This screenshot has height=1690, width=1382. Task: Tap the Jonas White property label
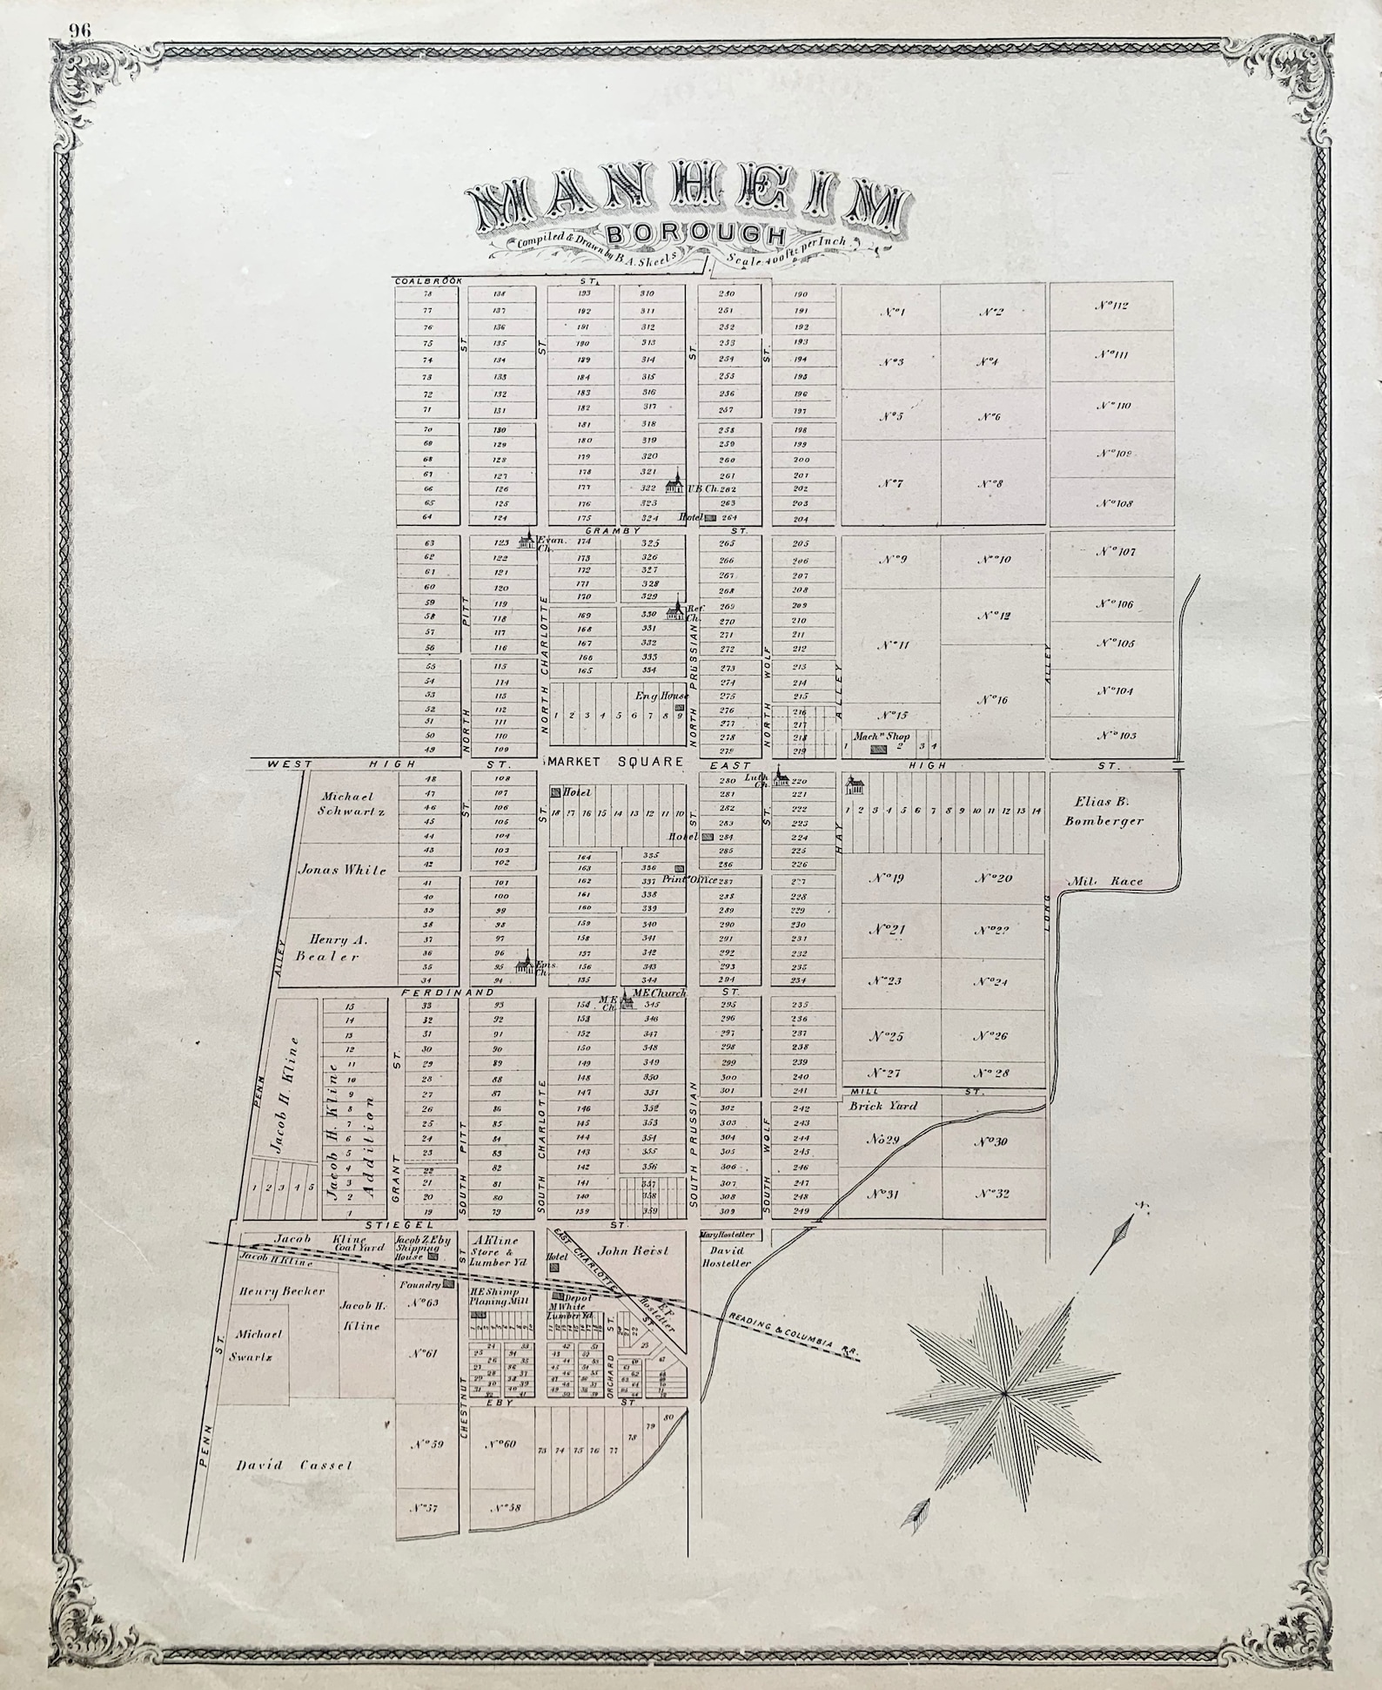tap(342, 869)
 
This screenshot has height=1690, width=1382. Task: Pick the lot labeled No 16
tap(992, 698)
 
